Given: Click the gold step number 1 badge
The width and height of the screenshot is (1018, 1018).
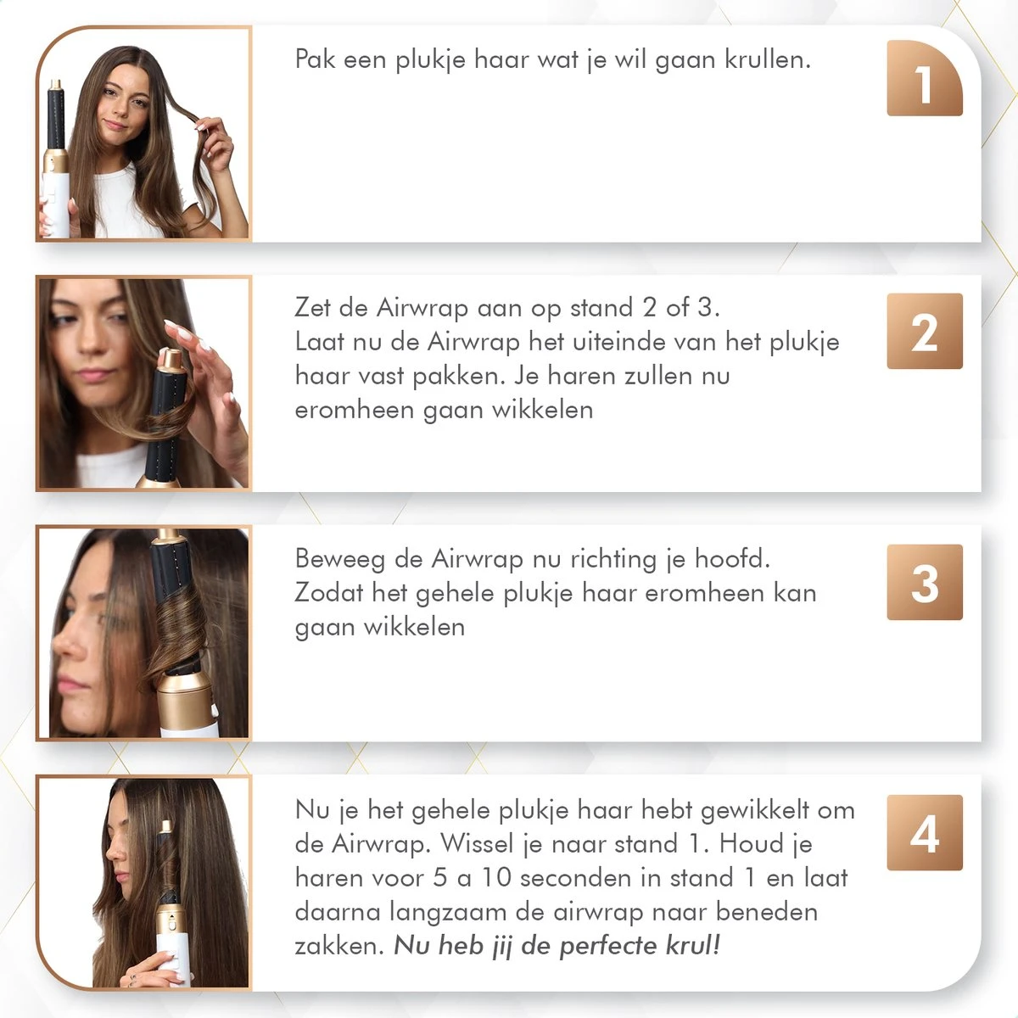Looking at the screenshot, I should (x=924, y=78).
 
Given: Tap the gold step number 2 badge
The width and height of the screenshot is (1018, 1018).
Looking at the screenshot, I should (x=924, y=331).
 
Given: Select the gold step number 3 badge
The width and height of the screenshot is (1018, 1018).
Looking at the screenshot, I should (x=924, y=582).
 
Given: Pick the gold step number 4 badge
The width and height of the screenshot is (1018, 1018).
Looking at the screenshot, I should (x=924, y=832).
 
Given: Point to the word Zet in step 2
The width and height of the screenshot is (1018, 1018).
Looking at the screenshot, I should (x=312, y=307).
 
